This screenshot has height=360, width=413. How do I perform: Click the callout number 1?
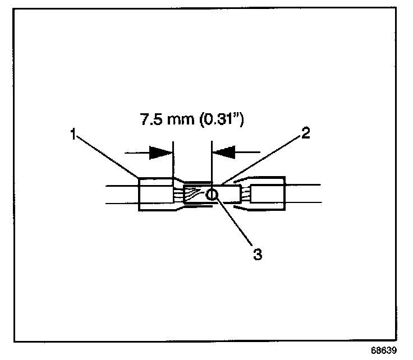coord(73,135)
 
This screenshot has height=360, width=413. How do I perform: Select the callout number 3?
coord(258,253)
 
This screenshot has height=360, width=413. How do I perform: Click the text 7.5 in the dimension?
coord(149,119)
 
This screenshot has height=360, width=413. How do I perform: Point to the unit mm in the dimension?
coord(181,119)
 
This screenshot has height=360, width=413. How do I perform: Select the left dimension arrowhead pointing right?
coord(162,151)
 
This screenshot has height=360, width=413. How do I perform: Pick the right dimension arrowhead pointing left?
coord(223,151)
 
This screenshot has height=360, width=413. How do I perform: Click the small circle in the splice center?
coord(212,195)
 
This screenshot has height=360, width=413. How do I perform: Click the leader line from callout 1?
coord(107,156)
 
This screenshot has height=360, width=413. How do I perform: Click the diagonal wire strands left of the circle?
coord(194,194)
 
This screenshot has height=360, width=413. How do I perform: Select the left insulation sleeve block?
coord(154,194)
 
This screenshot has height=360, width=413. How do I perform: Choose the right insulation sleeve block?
coord(268,195)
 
